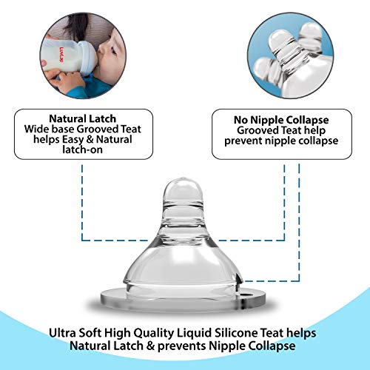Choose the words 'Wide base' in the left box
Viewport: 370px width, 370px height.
58,129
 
